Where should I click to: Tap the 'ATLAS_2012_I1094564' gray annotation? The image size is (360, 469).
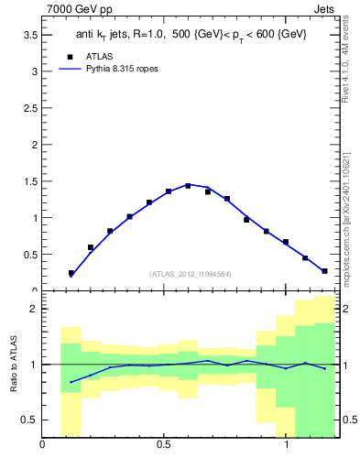(x=191, y=273)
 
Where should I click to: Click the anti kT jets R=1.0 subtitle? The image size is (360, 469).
(x=191, y=34)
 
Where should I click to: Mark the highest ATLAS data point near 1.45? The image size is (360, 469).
(x=188, y=186)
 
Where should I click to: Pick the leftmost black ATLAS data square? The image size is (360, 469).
(x=71, y=273)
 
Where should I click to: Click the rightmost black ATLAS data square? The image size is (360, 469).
(x=324, y=271)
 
